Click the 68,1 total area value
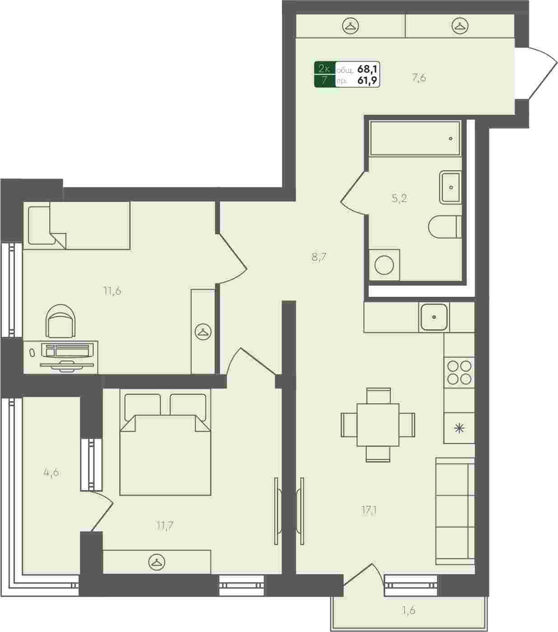click(x=367, y=68)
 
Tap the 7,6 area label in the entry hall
click(x=419, y=78)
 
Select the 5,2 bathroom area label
click(x=399, y=198)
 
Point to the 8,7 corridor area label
click(x=319, y=257)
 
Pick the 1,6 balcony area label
click(x=408, y=610)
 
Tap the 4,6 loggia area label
click(x=51, y=472)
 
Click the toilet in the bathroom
click(x=445, y=227)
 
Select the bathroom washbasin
click(x=450, y=187)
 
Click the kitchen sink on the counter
click(x=434, y=317)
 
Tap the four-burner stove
click(x=459, y=372)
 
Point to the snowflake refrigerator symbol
click(x=460, y=428)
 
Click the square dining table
click(x=378, y=425)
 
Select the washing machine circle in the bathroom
click(x=384, y=265)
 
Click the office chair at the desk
click(x=61, y=321)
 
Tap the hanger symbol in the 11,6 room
click(x=203, y=332)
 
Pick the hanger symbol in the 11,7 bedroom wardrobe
click(x=157, y=562)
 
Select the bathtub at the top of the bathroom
click(x=415, y=138)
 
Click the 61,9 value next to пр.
click(x=367, y=80)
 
